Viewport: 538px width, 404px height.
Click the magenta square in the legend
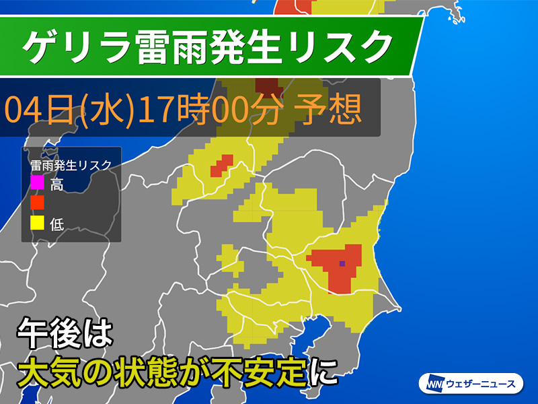tap(37, 182)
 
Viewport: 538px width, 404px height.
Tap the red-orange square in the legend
tap(37, 202)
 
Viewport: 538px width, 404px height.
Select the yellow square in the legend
tap(37, 222)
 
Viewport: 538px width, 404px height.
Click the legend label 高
tap(56, 182)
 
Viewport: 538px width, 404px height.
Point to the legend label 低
tap(56, 223)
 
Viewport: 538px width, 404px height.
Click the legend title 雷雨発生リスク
tap(71, 163)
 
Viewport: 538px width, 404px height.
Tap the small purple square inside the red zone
tap(342, 264)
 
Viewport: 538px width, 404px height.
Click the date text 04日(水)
tap(67, 109)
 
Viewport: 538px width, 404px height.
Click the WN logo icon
tap(430, 384)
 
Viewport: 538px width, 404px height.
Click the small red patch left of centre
tap(221, 164)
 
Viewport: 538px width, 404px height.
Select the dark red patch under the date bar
tap(268, 88)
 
